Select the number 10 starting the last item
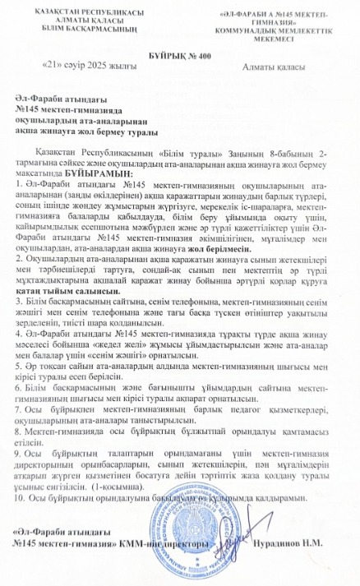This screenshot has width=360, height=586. (21, 496)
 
